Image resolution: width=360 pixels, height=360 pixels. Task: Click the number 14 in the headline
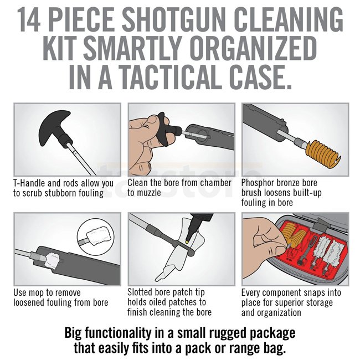coord(28,19)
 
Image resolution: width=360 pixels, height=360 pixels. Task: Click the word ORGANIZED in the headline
coord(253,48)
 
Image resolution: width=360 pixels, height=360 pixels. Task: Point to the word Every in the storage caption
coord(251,293)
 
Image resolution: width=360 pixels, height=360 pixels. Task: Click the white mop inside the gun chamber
coord(53,261)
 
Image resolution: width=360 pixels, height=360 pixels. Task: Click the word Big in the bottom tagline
coord(73,333)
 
